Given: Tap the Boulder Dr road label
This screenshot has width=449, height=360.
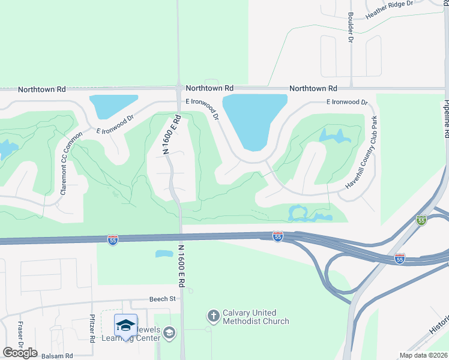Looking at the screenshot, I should (351, 28).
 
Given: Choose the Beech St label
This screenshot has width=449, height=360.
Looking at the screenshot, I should (162, 298).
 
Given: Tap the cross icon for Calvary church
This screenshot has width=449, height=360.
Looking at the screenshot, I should (213, 316).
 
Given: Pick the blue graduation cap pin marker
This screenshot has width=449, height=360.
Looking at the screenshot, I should (125, 326).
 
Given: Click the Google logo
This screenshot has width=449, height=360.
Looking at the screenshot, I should (20, 353).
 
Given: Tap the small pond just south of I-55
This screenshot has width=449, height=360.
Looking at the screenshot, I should (164, 253).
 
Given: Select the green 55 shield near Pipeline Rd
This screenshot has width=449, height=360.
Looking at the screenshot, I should (422, 221).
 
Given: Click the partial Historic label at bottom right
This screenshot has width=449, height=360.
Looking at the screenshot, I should (439, 326).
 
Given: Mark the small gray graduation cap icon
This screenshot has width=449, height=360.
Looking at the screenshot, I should (170, 332).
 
